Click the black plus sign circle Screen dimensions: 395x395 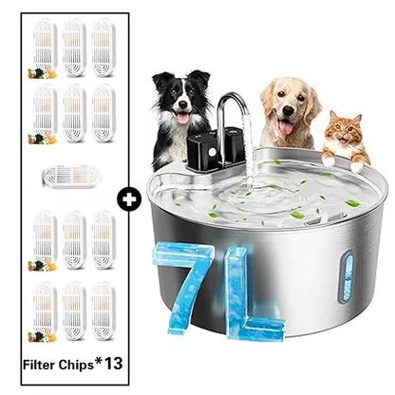coord(129,199)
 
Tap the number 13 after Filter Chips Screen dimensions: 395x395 coord(114,364)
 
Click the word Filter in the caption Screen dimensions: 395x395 coord(39,365)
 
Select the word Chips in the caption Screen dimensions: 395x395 coord(76,366)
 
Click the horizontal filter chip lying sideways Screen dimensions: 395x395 coord(71,177)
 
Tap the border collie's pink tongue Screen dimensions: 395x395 coord(183,119)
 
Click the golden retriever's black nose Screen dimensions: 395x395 coord(288,110)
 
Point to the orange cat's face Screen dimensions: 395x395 coord(345,131)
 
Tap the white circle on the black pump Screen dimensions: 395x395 coord(213,152)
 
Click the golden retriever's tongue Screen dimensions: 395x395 coord(286,128)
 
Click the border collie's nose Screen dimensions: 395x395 coord(182,105)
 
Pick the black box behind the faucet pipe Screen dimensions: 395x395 coord(234,145)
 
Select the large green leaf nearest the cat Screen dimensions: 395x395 coord(352,203)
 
